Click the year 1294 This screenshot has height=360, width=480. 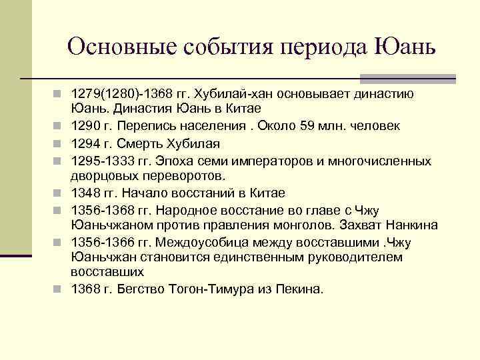(x=86, y=143)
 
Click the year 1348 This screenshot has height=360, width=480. (x=86, y=193)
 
